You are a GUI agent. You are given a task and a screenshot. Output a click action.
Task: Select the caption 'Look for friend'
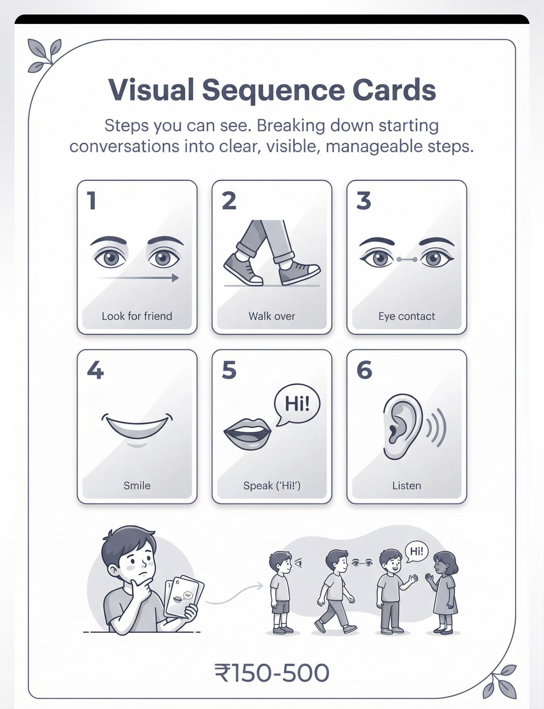point(137,316)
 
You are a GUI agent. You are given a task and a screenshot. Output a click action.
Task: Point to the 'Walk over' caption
point(272,316)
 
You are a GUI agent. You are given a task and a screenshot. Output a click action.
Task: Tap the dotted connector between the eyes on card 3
point(407,259)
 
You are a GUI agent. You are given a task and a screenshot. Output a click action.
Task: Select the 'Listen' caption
point(407,486)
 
